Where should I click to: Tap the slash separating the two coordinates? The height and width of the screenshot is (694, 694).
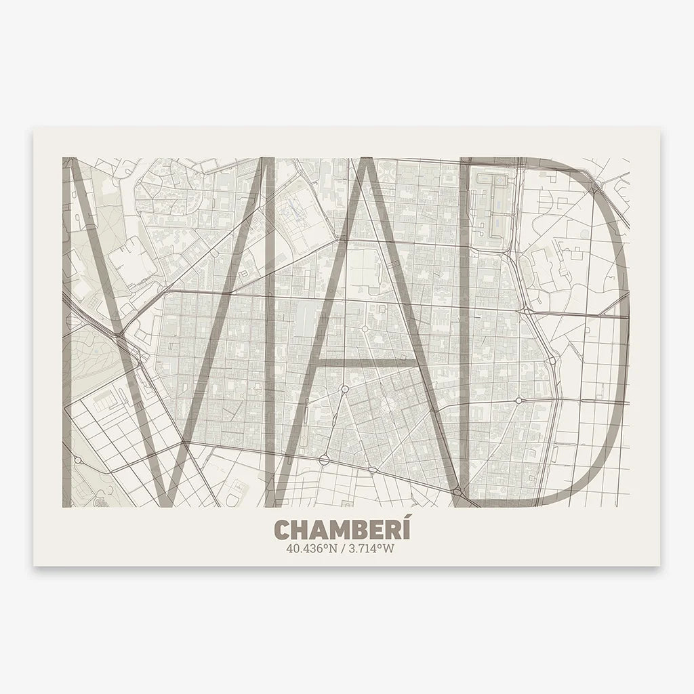[343, 548]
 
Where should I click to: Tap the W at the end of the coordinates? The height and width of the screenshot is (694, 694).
[388, 548]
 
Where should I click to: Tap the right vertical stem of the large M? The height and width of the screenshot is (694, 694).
[270, 332]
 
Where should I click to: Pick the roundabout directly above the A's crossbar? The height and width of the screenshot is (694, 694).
[365, 329]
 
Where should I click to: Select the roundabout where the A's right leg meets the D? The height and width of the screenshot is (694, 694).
[458, 491]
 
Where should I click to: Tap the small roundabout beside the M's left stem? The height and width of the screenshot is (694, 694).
[78, 460]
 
